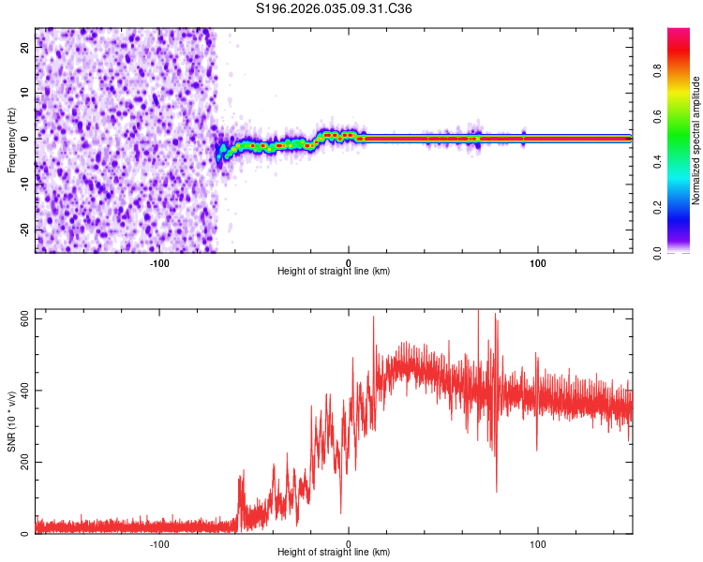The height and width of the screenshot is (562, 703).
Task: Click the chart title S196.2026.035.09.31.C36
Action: tap(334, 8)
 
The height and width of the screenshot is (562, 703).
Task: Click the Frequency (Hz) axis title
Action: tap(11, 138)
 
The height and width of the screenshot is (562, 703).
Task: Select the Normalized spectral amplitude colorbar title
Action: tap(696, 140)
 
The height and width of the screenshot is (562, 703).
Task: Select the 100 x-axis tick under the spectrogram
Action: tap(538, 262)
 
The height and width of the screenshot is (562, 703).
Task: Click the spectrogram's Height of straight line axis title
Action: tap(334, 272)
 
